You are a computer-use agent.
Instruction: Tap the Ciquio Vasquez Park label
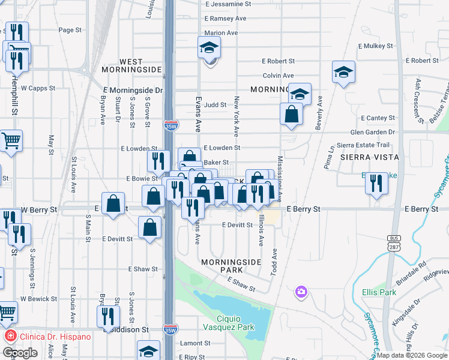coord(236,322)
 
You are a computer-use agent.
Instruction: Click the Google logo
coord(20,353)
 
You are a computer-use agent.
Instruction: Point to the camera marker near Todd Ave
coord(301,292)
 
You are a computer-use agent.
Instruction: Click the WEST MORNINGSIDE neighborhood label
coord(140,65)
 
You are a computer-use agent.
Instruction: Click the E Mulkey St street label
coord(375,46)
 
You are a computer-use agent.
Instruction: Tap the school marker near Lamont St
coord(148,351)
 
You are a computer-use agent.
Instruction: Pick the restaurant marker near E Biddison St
coord(109,316)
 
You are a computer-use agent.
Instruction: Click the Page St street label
coord(70,30)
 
